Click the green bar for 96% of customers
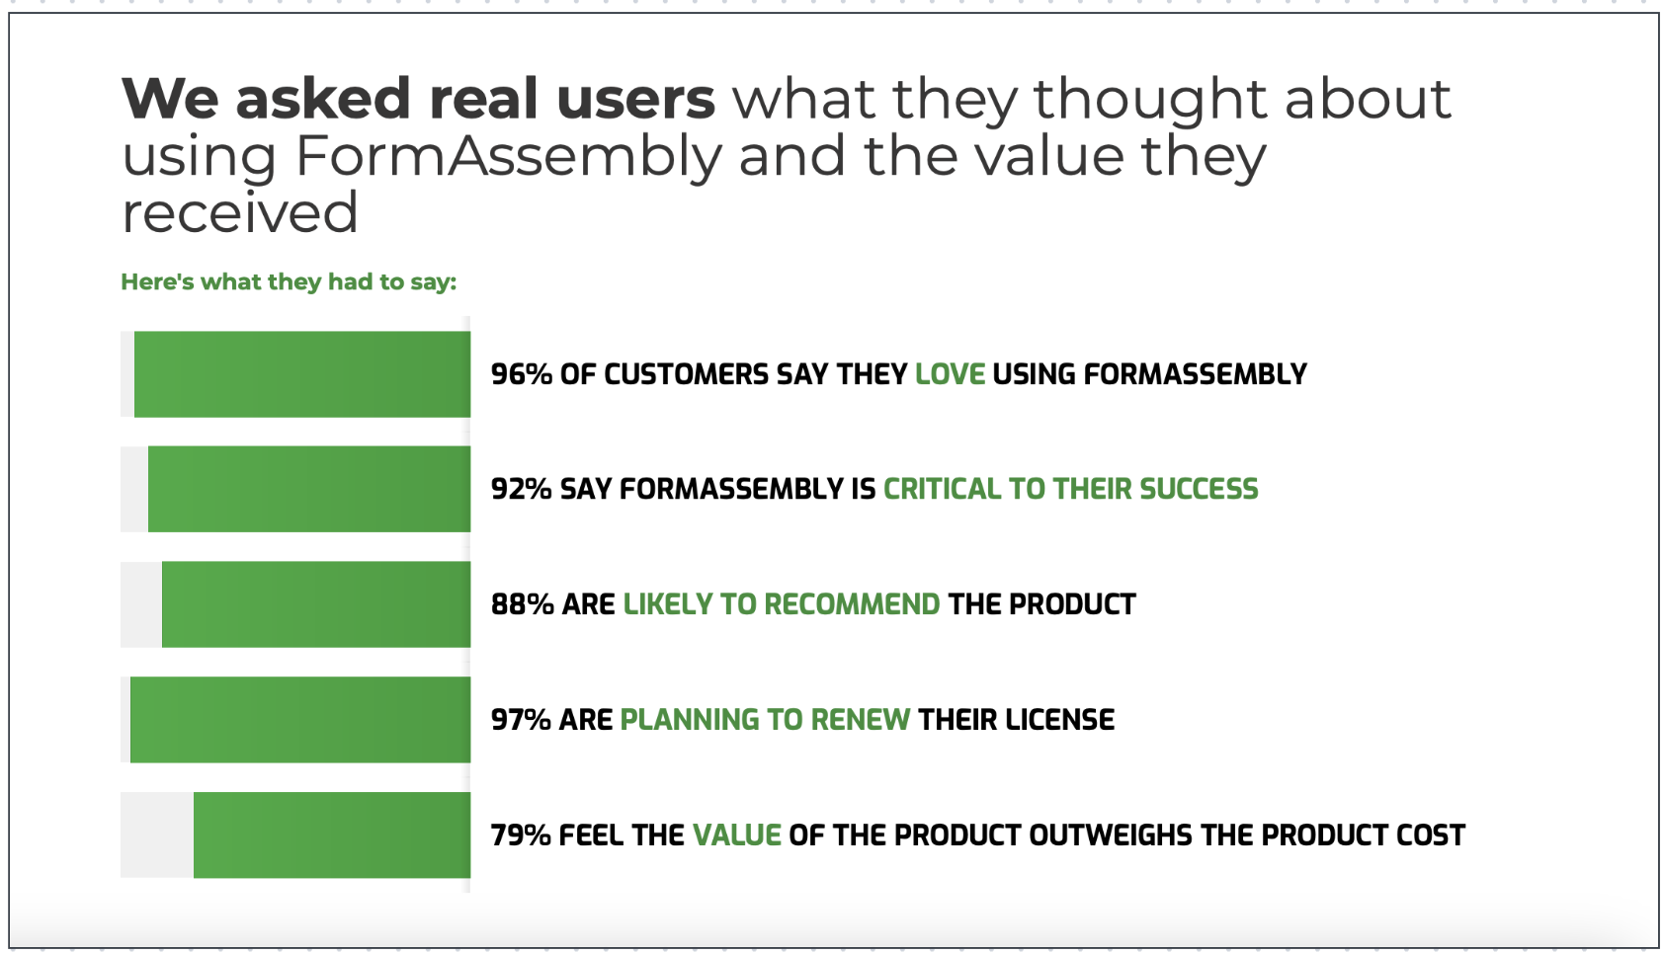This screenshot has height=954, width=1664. pyautogui.click(x=302, y=374)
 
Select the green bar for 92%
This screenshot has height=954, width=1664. pyautogui.click(x=309, y=489)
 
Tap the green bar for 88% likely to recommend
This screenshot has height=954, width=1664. pyautogui.click(x=316, y=604)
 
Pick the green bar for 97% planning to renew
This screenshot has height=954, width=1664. pyautogui.click(x=300, y=719)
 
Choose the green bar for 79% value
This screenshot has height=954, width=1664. pyautogui.click(x=332, y=835)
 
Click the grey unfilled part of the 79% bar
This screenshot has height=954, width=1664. pyautogui.click(x=157, y=835)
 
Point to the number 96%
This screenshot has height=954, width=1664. pyautogui.click(x=522, y=375)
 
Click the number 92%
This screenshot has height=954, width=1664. pyautogui.click(x=522, y=489)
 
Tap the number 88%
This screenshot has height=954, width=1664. pyautogui.click(x=523, y=604)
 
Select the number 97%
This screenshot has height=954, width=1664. pyautogui.click(x=521, y=719)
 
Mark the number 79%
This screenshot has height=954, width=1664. pyautogui.click(x=521, y=835)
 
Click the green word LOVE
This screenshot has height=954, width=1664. pyautogui.click(x=951, y=375)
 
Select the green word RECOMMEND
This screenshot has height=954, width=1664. pyautogui.click(x=852, y=604)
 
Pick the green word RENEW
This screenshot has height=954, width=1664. pyautogui.click(x=861, y=719)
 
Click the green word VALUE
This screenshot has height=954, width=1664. pyautogui.click(x=737, y=835)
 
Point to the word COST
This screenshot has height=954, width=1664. pyautogui.click(x=1431, y=835)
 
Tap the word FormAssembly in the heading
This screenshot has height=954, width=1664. pyautogui.click(x=508, y=157)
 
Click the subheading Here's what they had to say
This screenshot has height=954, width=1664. pyautogui.click(x=289, y=282)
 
